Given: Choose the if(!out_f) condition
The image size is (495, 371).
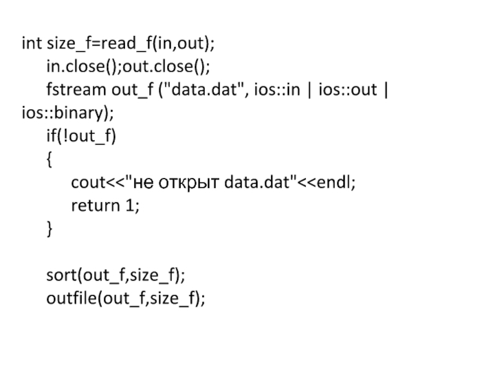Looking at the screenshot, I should point(80,136).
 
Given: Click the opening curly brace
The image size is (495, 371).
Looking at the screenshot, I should point(49,159).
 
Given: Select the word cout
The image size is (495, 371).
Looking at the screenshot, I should point(87,183).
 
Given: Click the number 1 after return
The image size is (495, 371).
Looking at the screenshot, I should point(129,206).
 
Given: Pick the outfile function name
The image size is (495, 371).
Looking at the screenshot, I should point(72,299).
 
